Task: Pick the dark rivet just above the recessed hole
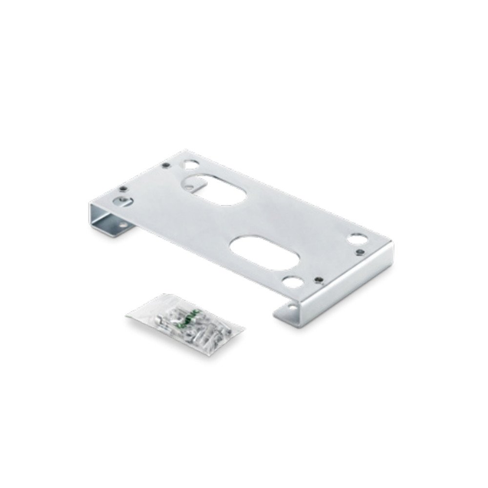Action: point(123,188)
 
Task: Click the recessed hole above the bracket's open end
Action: point(119,201)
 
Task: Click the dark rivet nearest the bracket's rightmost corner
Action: point(360,252)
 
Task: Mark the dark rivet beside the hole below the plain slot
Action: point(318,280)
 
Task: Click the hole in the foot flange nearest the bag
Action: point(293,307)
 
